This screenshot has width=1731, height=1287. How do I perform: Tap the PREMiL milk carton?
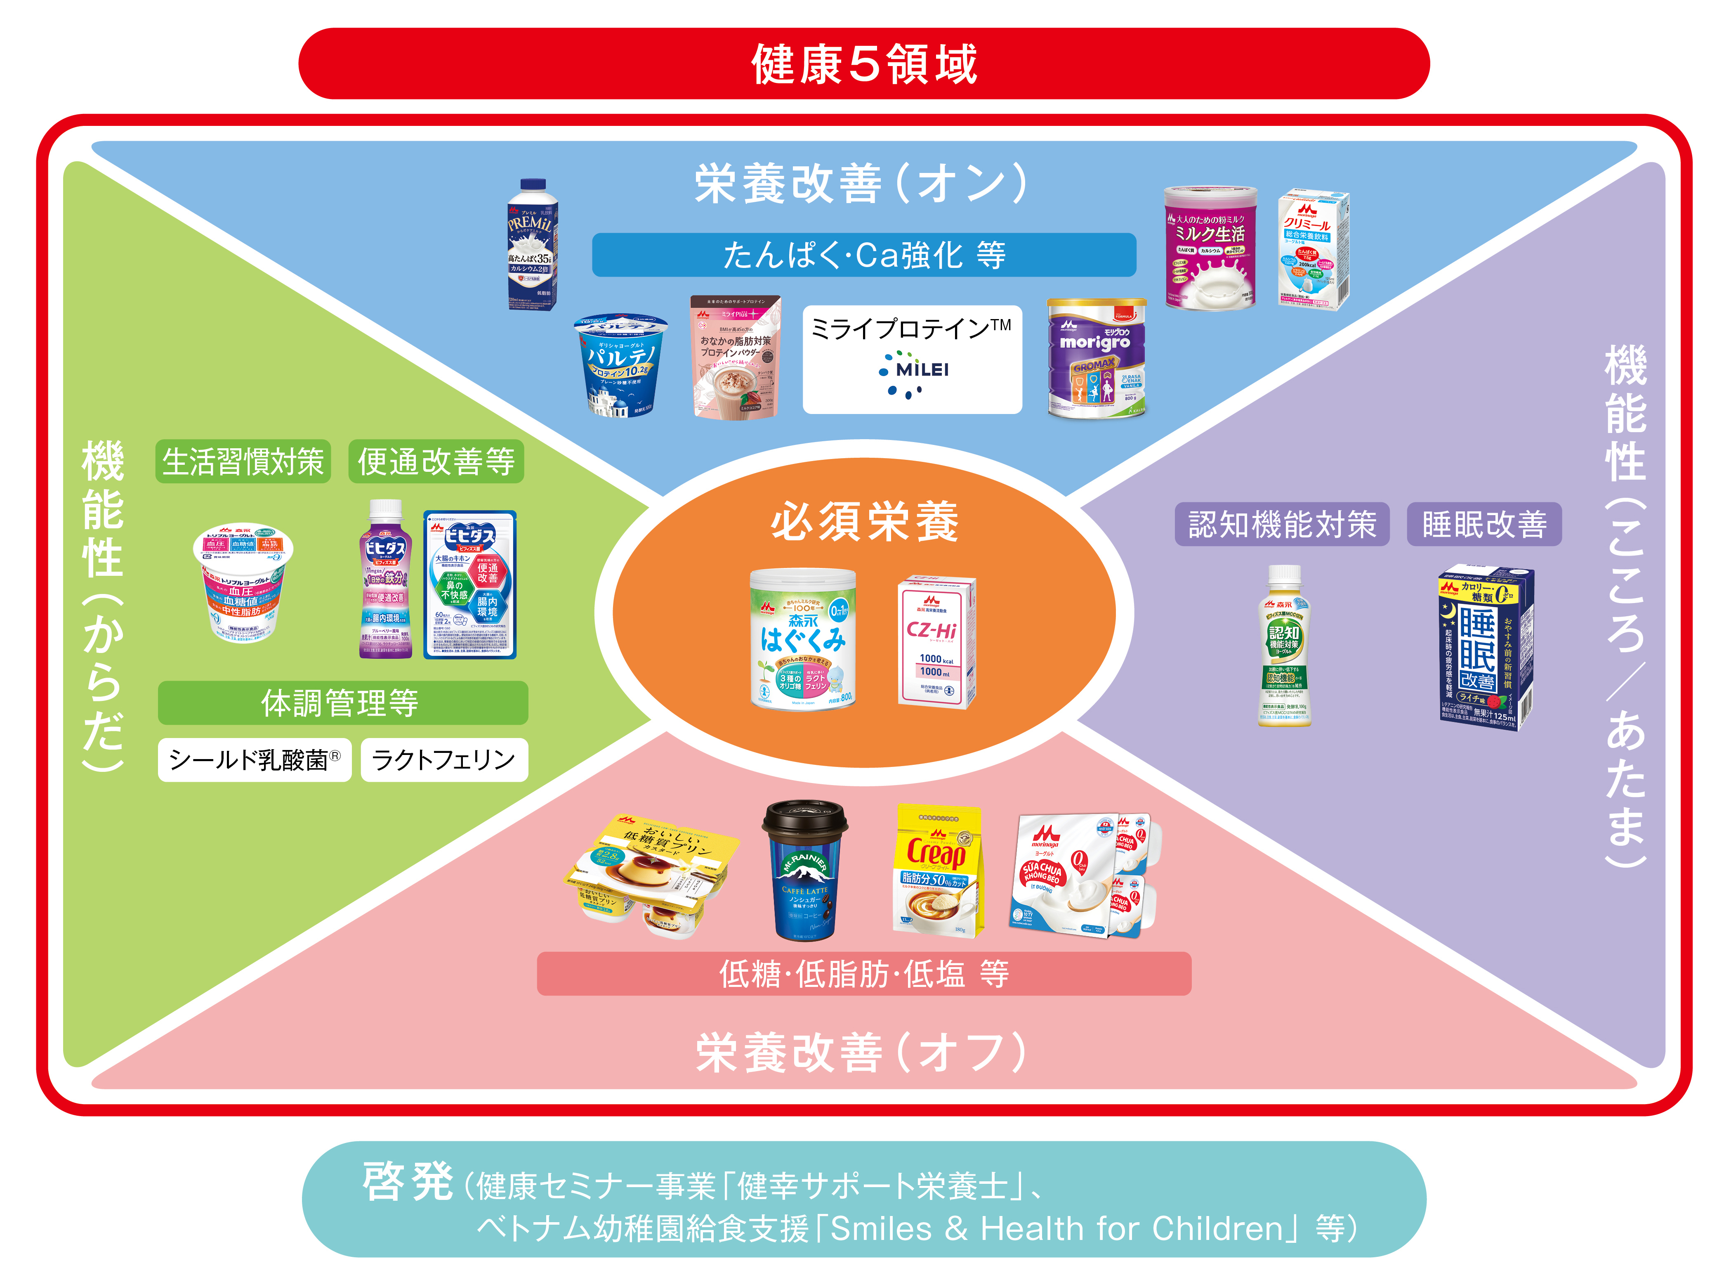coord(532,246)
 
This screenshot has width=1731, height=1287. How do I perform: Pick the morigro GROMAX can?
coord(1097,358)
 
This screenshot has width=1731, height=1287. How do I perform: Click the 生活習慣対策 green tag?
coord(243,462)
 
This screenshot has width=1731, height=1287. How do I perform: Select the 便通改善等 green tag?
coord(436,462)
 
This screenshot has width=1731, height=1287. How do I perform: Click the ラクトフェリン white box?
coord(444,759)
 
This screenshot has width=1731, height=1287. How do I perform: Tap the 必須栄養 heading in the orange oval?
coord(864,522)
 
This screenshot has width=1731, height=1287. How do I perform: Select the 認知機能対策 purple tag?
coord(1282,524)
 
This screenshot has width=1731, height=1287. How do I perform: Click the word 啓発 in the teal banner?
coord(407,1182)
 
